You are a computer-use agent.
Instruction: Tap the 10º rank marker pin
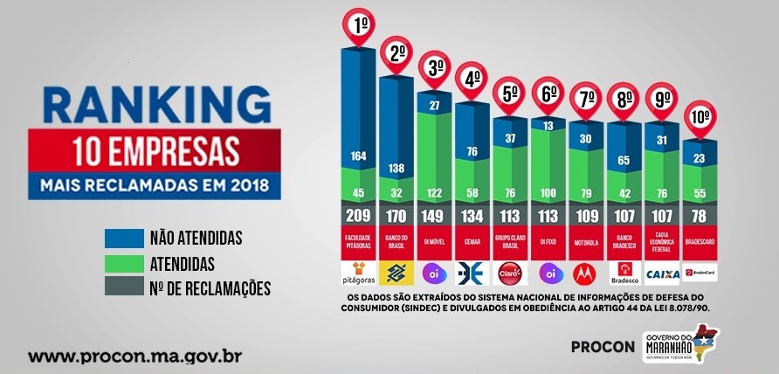(700, 116)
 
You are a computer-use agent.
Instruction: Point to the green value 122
(434, 193)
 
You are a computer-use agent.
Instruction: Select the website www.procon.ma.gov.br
(134, 357)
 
